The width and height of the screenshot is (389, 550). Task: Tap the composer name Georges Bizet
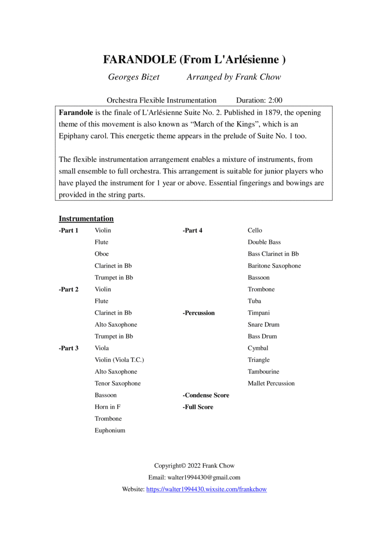(x=134, y=77)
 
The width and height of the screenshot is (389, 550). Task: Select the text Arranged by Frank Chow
(x=233, y=77)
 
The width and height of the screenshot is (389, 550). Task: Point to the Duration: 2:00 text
(x=259, y=100)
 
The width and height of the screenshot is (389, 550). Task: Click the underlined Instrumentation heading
(x=86, y=219)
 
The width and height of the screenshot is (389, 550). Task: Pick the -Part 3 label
(x=69, y=348)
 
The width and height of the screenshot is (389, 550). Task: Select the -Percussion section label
(x=198, y=313)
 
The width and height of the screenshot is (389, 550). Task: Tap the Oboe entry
(x=102, y=254)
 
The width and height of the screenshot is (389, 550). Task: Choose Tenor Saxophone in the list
(x=118, y=383)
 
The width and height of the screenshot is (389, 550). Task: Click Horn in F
(x=108, y=407)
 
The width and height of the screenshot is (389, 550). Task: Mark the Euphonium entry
(x=110, y=430)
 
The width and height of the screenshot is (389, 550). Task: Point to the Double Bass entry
(x=264, y=242)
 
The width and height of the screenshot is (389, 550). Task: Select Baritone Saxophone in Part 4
(x=274, y=266)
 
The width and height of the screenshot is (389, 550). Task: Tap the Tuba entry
(x=254, y=301)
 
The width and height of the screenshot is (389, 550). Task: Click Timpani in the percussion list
(x=258, y=313)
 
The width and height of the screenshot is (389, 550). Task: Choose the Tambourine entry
(x=263, y=372)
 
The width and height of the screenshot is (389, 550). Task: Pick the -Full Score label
(x=198, y=407)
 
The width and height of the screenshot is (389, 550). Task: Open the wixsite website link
(x=207, y=490)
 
